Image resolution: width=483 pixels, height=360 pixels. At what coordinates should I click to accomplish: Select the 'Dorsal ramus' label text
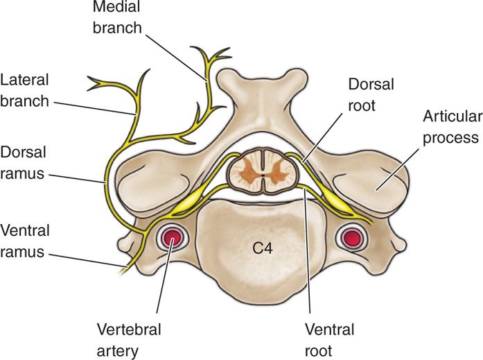24,161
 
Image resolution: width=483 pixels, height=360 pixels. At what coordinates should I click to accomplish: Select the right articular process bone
371,182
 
